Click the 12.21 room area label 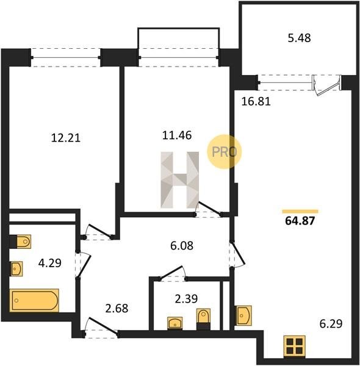[66, 138]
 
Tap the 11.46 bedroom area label [177, 135]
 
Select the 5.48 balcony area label [299, 38]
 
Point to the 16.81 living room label [256, 101]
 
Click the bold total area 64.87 [300, 221]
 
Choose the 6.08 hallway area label [182, 246]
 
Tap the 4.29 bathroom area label [49, 263]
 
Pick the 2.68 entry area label [117, 308]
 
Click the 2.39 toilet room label [186, 298]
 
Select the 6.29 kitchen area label [331, 324]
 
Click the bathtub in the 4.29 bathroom [34, 300]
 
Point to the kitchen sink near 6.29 [244, 315]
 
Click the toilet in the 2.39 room [203, 319]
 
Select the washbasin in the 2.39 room [175, 323]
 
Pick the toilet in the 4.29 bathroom [20, 242]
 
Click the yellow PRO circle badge [224, 151]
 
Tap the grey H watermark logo [180, 180]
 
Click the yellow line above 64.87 [300, 212]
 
